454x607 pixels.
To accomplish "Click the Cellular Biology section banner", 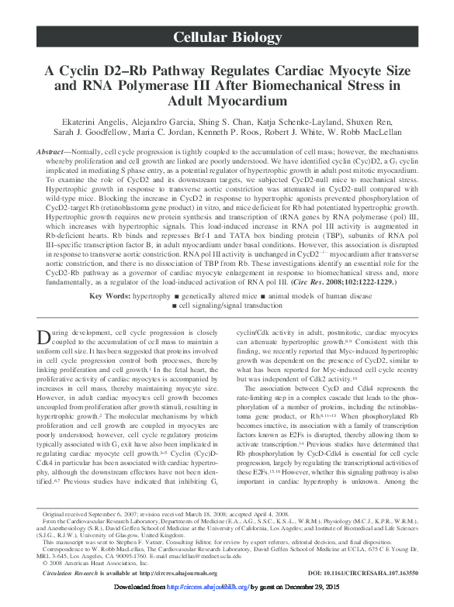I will click(x=227, y=37).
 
